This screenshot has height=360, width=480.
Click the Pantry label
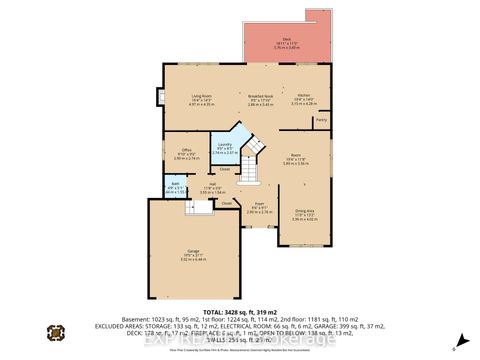[x=321, y=119]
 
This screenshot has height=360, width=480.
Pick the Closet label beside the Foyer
[x=228, y=204]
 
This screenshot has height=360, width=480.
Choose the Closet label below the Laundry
[x=225, y=169]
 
